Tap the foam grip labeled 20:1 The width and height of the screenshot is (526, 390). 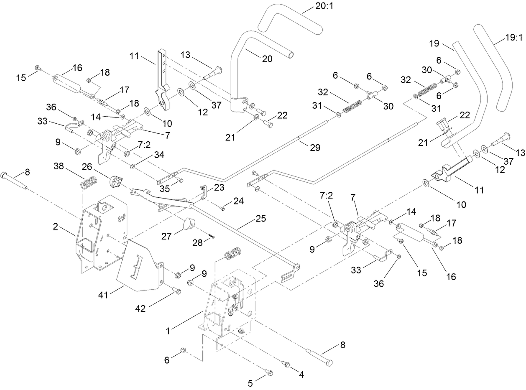point(290,23)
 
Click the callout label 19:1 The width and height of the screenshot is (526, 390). point(513,37)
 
